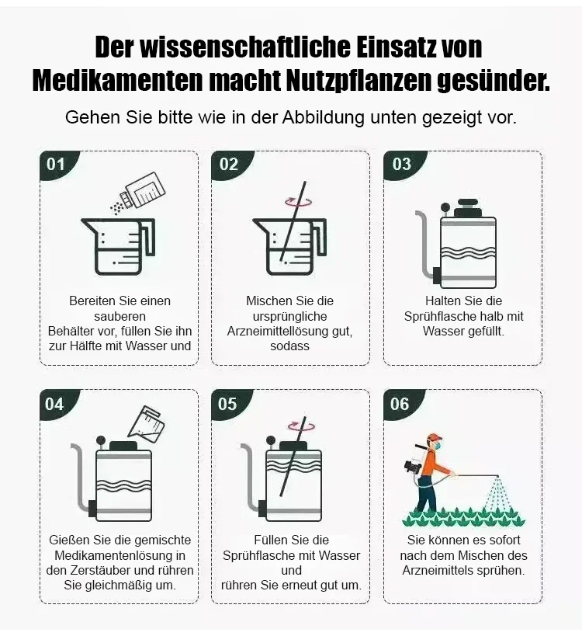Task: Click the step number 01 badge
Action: tap(57, 165)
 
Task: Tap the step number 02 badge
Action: tap(230, 165)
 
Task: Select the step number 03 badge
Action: tap(402, 165)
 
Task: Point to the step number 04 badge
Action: tap(56, 404)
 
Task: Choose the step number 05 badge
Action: tap(229, 404)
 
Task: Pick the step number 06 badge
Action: tap(400, 404)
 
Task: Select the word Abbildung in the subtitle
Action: tap(324, 117)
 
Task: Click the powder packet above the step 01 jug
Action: tap(144, 190)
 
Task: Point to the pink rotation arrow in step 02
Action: tap(299, 202)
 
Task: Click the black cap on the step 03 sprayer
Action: tap(466, 208)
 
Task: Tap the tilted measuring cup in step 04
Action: tap(147, 422)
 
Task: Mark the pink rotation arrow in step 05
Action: tap(301, 426)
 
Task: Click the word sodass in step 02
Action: tap(289, 346)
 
